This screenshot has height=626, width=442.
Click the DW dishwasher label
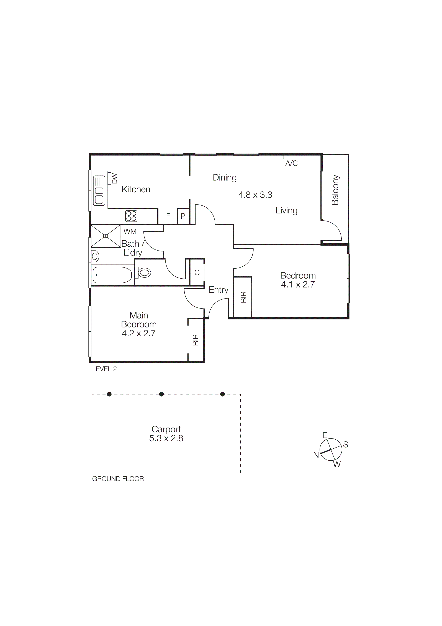114,179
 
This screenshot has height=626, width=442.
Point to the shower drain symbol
105,236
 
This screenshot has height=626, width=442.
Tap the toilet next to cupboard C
144,272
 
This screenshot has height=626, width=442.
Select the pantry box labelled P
183,216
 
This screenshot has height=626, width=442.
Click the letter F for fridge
168,216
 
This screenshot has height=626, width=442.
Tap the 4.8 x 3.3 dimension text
255,195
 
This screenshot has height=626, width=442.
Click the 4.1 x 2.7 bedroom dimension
298,285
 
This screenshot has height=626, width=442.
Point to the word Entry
218,290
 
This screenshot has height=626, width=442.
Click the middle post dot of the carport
161,394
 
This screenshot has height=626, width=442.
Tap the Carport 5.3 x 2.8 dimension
166,438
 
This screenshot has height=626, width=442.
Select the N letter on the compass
316,455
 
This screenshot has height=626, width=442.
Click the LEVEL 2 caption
104,369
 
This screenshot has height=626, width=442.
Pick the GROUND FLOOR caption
118,479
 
